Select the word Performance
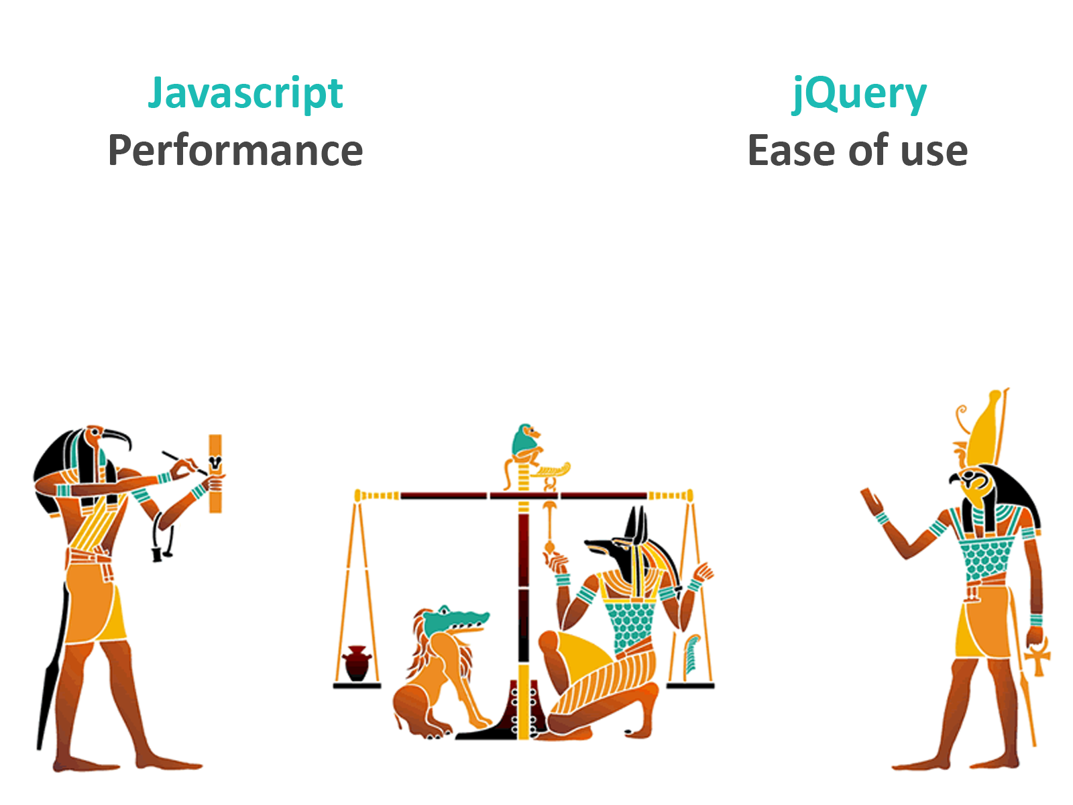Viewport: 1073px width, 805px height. (x=235, y=150)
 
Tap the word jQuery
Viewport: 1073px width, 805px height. (x=859, y=95)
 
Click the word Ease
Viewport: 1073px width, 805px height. (x=793, y=150)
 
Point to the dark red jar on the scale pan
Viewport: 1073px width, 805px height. (x=356, y=663)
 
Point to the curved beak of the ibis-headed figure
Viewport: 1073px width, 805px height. (x=118, y=438)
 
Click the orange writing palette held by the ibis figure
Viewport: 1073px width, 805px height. (x=215, y=473)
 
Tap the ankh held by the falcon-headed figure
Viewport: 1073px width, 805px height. (x=1037, y=658)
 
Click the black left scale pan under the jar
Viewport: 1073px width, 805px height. (x=357, y=686)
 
